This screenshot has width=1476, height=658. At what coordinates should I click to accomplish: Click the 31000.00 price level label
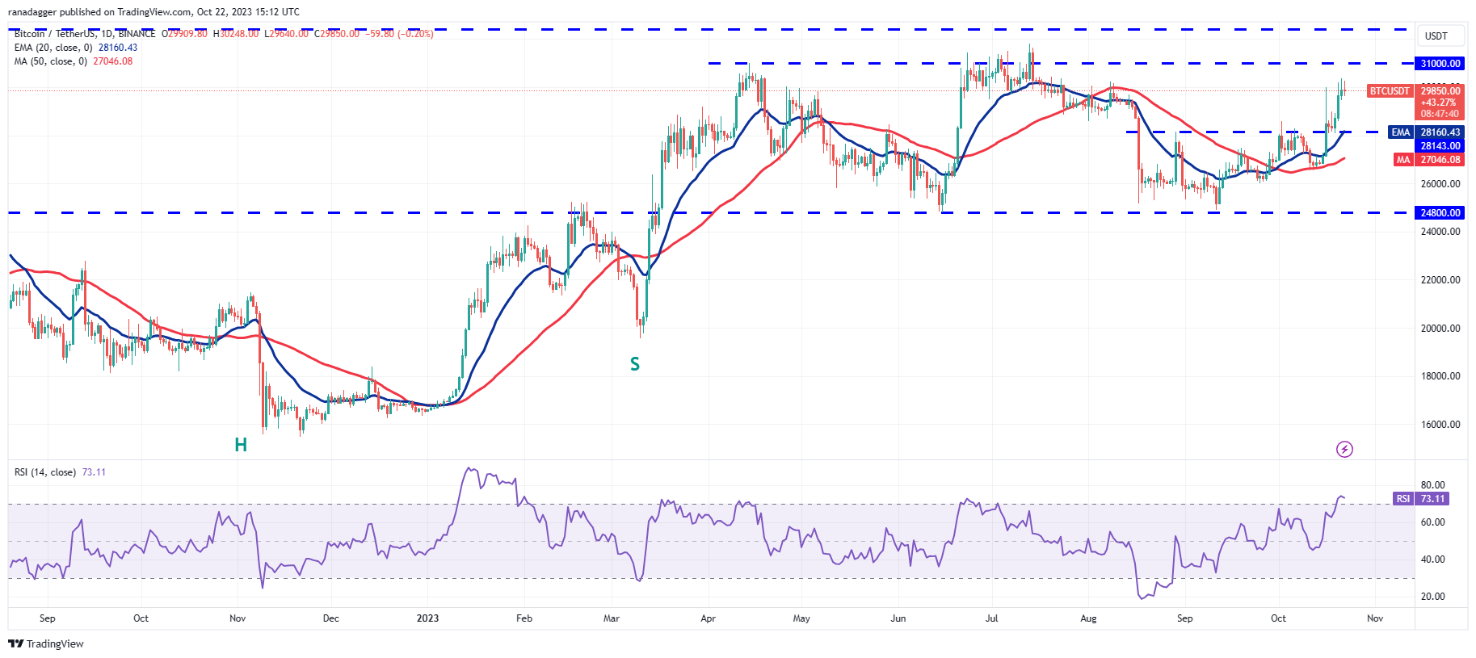pos(1440,64)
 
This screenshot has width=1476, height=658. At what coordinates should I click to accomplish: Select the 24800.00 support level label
pos(1440,213)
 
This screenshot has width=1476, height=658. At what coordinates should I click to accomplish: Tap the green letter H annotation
pos(241,445)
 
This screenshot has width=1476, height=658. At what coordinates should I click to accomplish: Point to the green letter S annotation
pos(635,364)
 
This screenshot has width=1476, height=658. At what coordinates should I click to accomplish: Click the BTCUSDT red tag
pos(1389,91)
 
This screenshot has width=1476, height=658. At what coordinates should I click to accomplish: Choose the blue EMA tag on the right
pos(1400,132)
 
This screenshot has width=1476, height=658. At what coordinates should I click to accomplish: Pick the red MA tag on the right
pos(1403,160)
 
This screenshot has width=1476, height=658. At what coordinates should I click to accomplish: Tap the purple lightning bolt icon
pos(1344,449)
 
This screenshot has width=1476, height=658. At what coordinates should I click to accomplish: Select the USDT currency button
pos(1436,36)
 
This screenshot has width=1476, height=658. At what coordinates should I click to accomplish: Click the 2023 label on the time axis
pos(427,618)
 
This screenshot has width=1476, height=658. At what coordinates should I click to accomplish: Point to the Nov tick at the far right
pos(1375,618)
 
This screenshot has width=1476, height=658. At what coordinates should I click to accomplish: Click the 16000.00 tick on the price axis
pos(1440,425)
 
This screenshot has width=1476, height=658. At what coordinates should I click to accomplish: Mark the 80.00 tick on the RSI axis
pos(1432,485)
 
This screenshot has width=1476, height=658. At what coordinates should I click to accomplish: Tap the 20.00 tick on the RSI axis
pos(1432,597)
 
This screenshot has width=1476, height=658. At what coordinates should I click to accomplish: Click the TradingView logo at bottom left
pos(46,643)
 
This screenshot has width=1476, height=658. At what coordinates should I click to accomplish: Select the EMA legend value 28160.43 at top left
pos(118,48)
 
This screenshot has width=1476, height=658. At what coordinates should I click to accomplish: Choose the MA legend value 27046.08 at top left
pos(113,61)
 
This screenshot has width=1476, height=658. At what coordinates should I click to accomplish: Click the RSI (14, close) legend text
pos(45,472)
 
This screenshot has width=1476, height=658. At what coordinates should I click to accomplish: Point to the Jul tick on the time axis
pos(992,618)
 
